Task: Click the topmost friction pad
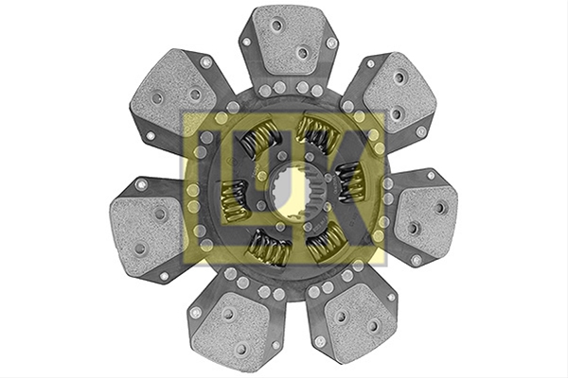pos(289,41)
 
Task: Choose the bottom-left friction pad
pos(231,330)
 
